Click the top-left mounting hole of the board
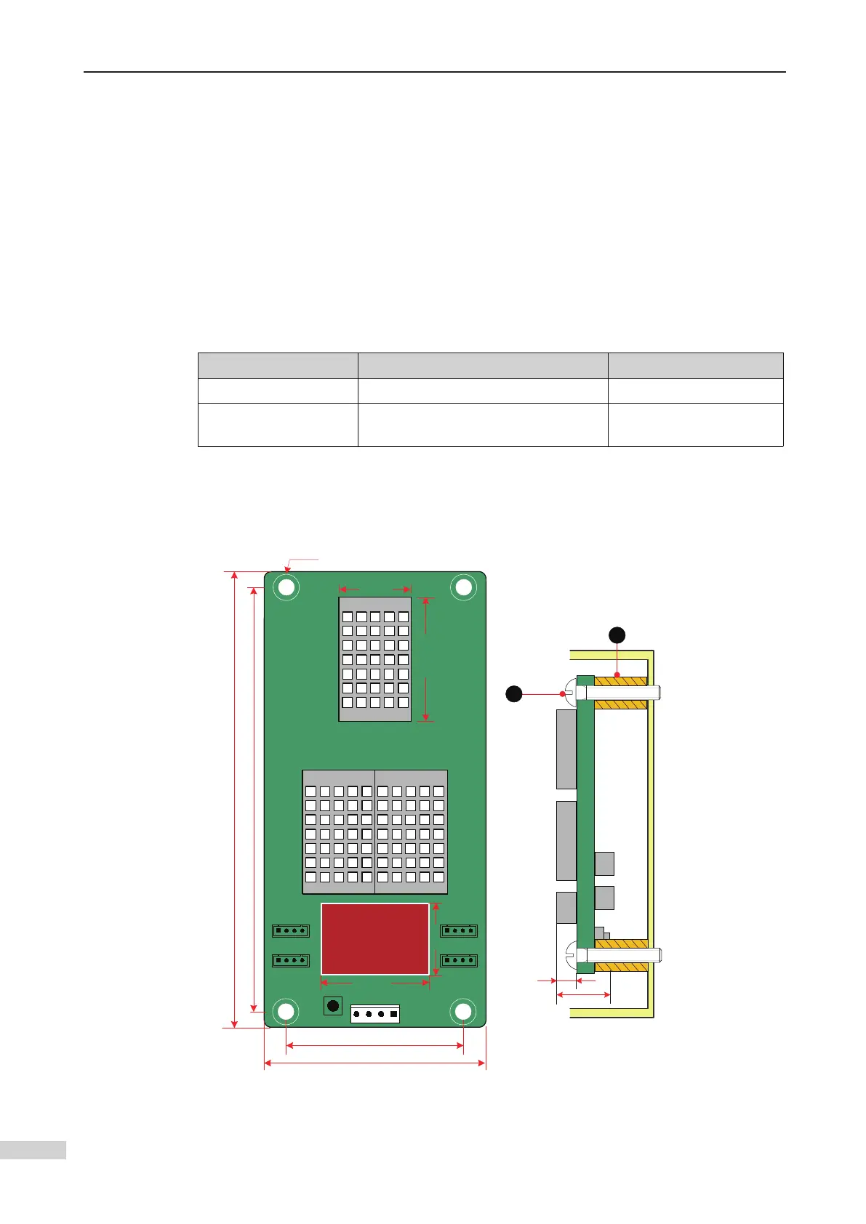click(x=286, y=587)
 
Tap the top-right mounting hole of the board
click(x=463, y=587)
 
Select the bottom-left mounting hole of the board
click(x=286, y=1011)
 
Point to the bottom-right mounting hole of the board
click(x=463, y=1011)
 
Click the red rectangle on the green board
click(x=374, y=938)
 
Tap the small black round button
click(x=332, y=1006)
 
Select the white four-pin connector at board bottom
click(x=375, y=1014)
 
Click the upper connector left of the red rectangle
click(x=291, y=930)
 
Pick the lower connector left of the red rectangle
click(x=291, y=960)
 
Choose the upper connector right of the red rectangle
click(x=459, y=930)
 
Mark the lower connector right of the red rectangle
click(x=459, y=960)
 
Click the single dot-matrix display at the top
click(x=374, y=659)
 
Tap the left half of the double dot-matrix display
click(x=339, y=832)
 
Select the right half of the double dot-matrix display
click(x=411, y=832)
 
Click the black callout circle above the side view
click(x=617, y=635)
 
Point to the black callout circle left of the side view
click(x=514, y=694)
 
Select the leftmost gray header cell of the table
click(x=278, y=365)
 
